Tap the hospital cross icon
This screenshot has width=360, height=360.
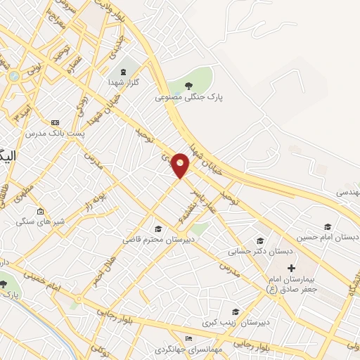tap(292, 269)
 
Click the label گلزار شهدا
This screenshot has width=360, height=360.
tap(126, 82)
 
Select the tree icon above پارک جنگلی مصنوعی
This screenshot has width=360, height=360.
tap(188, 86)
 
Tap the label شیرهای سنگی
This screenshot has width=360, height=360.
tap(40, 221)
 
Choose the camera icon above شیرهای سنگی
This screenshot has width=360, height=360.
tap(40, 211)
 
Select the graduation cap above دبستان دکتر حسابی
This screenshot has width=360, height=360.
tap(260, 240)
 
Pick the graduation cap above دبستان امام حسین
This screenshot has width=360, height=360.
tap(326, 226)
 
